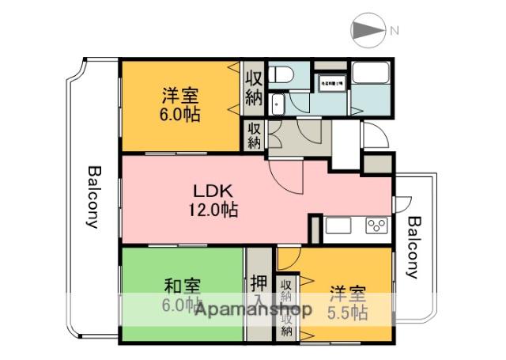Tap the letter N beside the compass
393,31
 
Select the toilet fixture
281,75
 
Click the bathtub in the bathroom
371,74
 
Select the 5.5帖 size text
348,313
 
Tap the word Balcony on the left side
93,196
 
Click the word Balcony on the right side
413,247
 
